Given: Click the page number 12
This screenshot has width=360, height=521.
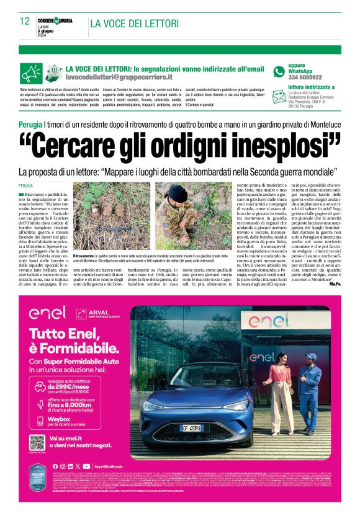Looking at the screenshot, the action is [x=24, y=21].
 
